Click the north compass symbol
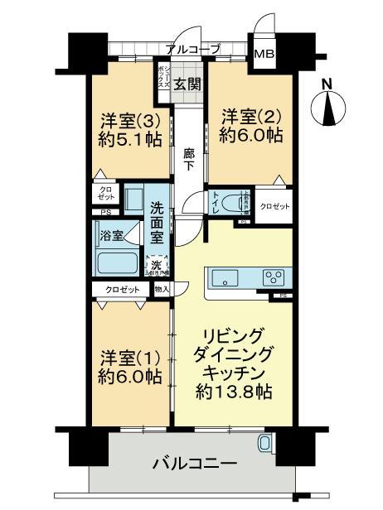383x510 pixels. tap(327, 106)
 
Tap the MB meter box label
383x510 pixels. tap(264, 55)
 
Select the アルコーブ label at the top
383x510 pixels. tap(192, 49)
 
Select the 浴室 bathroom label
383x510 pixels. tap(112, 235)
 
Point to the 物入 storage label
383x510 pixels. tap(162, 289)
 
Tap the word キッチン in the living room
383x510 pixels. tap(233, 372)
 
